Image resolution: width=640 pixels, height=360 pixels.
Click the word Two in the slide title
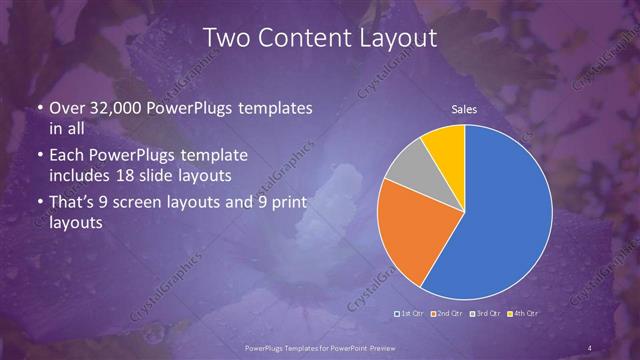(225, 38)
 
